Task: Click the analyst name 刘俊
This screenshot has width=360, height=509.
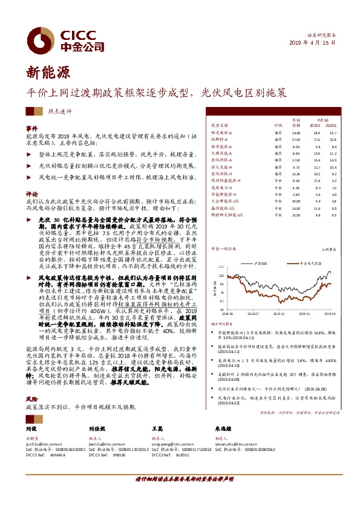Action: tap(31, 429)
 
